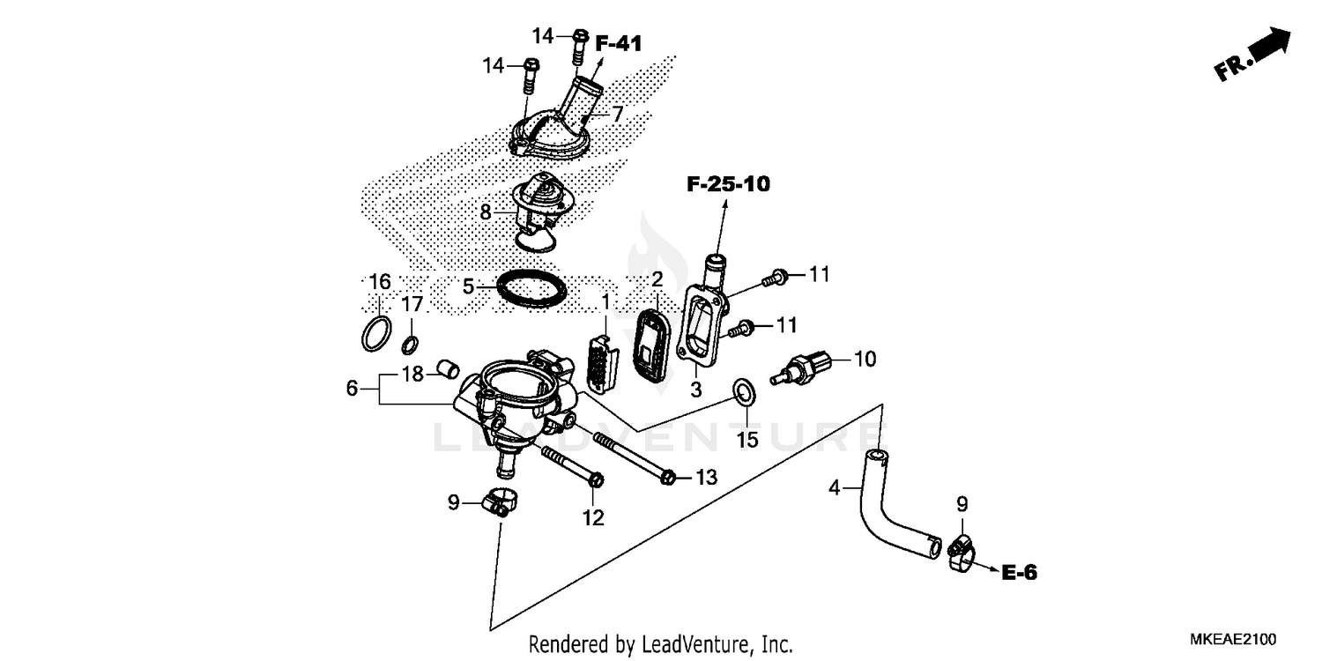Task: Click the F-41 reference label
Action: point(619,42)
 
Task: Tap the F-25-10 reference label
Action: point(728,184)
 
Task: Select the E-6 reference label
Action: point(1019,573)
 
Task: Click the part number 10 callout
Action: point(865,359)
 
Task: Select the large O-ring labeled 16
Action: point(376,335)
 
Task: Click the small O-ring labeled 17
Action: point(411,343)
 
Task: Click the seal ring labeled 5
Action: point(531,289)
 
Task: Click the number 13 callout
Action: point(706,478)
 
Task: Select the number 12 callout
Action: point(593,518)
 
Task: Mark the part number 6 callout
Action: point(352,388)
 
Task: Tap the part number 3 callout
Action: point(696,389)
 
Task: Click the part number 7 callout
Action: point(617,114)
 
